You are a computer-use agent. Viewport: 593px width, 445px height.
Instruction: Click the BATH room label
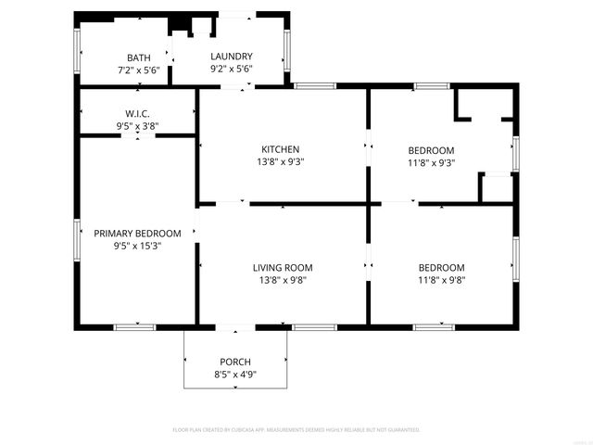[x=139, y=57]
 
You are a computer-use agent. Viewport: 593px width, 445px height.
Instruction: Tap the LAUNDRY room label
[x=231, y=57]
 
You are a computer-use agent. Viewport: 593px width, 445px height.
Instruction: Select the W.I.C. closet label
[x=139, y=113]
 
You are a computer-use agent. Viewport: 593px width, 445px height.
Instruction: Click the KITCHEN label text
[x=280, y=149]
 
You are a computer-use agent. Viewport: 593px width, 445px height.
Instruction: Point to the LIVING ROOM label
[x=280, y=268]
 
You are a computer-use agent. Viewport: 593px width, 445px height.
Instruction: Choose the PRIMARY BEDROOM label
[x=136, y=234]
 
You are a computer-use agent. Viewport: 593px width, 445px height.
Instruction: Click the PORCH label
[x=235, y=362]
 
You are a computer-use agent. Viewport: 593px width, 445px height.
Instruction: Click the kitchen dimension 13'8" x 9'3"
[x=280, y=161]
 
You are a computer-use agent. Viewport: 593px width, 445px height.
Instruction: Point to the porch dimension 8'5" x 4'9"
[x=235, y=374]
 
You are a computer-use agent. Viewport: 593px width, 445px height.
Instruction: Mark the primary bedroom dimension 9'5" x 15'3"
[x=136, y=246]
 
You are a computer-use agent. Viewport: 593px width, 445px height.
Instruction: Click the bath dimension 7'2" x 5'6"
[x=139, y=70]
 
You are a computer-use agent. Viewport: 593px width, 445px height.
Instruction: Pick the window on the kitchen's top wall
[x=315, y=86]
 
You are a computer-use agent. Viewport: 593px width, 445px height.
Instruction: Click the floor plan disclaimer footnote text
[x=296, y=430]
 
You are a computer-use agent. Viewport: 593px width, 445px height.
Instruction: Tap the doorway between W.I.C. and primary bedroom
[x=139, y=135]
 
